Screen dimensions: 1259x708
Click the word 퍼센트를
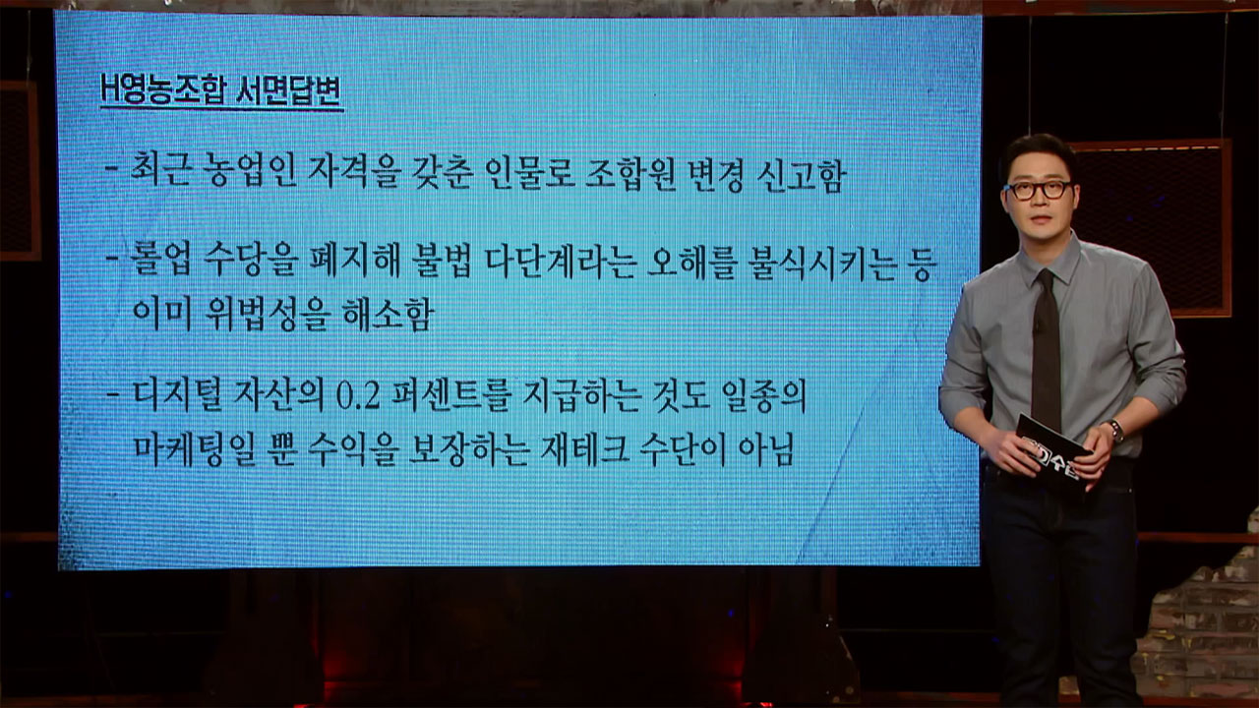[x=447, y=396]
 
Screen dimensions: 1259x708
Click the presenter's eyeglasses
[x=1038, y=190]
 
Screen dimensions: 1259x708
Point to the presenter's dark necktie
[x=1046, y=348]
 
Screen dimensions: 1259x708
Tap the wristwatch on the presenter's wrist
[x=1115, y=431]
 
